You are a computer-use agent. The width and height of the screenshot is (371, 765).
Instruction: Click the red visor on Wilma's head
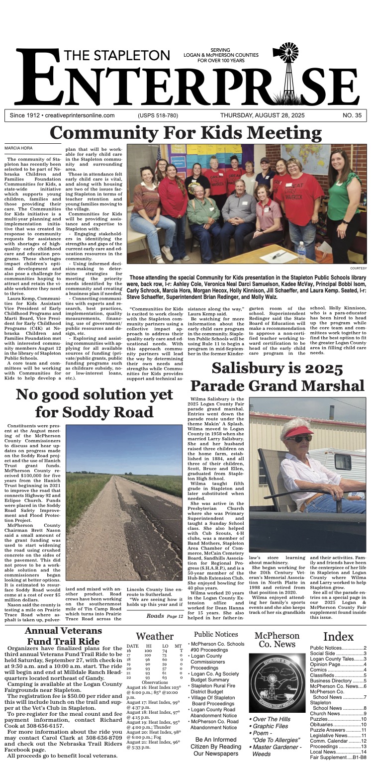(298, 431)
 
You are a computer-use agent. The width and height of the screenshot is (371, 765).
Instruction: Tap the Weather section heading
(155, 636)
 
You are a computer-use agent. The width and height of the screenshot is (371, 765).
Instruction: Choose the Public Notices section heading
(216, 634)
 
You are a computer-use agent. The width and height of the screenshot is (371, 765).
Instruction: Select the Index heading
(338, 637)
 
